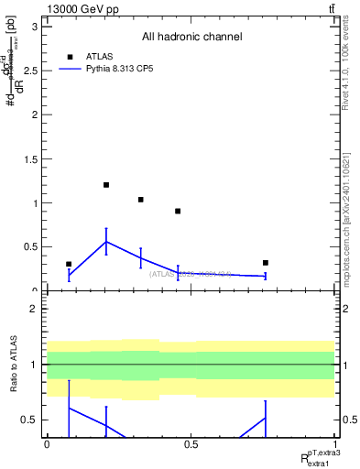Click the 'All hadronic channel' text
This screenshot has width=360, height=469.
tap(191, 37)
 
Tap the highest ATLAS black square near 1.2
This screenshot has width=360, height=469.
tap(106, 185)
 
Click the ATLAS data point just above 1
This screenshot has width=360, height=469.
tap(140, 200)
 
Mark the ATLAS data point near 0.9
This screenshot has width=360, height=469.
tap(178, 212)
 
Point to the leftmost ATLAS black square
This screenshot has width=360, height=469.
tap(69, 264)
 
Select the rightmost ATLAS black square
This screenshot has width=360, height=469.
tap(266, 263)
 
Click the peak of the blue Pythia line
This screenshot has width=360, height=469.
tap(106, 242)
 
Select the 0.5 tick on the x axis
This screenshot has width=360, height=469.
tap(191, 444)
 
